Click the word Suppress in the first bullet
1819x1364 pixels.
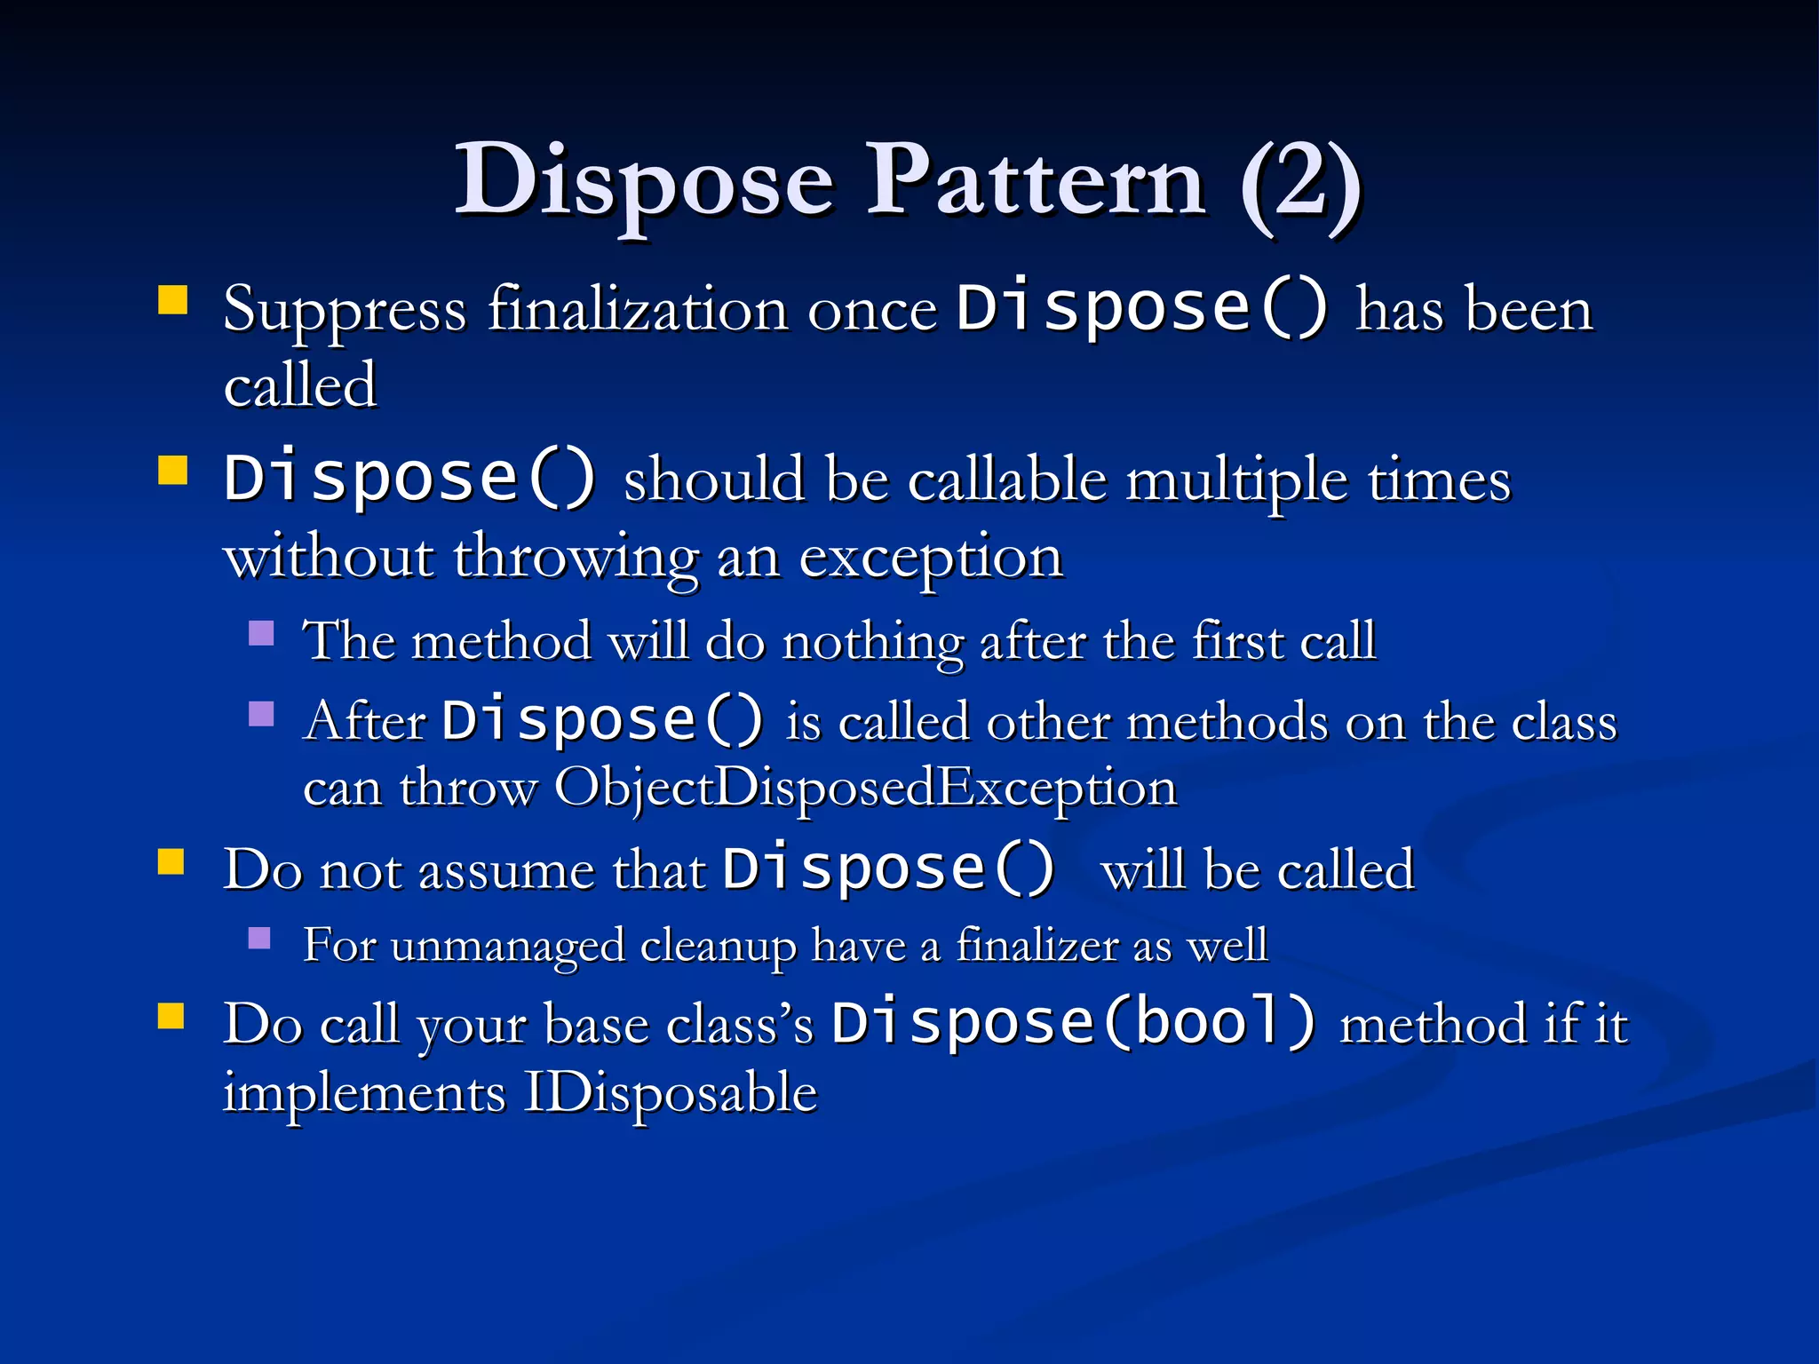click(345, 311)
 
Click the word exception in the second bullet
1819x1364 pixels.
click(930, 559)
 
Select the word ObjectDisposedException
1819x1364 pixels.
click(865, 787)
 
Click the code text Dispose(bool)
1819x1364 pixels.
click(1073, 1022)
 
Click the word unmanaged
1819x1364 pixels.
click(507, 945)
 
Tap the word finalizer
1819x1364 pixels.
click(1037, 944)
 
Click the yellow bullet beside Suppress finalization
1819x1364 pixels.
click(172, 300)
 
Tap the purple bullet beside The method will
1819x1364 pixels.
click(261, 633)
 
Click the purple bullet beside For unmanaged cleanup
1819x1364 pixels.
click(259, 939)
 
